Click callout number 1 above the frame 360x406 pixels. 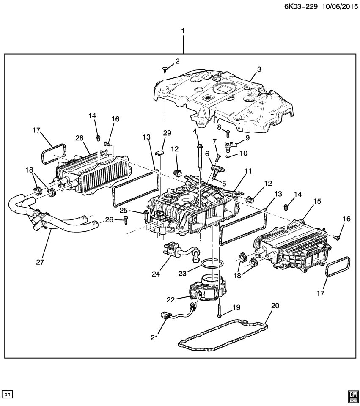(183, 31)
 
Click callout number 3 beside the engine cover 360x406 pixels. (259, 69)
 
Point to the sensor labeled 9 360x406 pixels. (231, 146)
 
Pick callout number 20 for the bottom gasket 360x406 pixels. (275, 306)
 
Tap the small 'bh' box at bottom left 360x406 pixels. (8, 394)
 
